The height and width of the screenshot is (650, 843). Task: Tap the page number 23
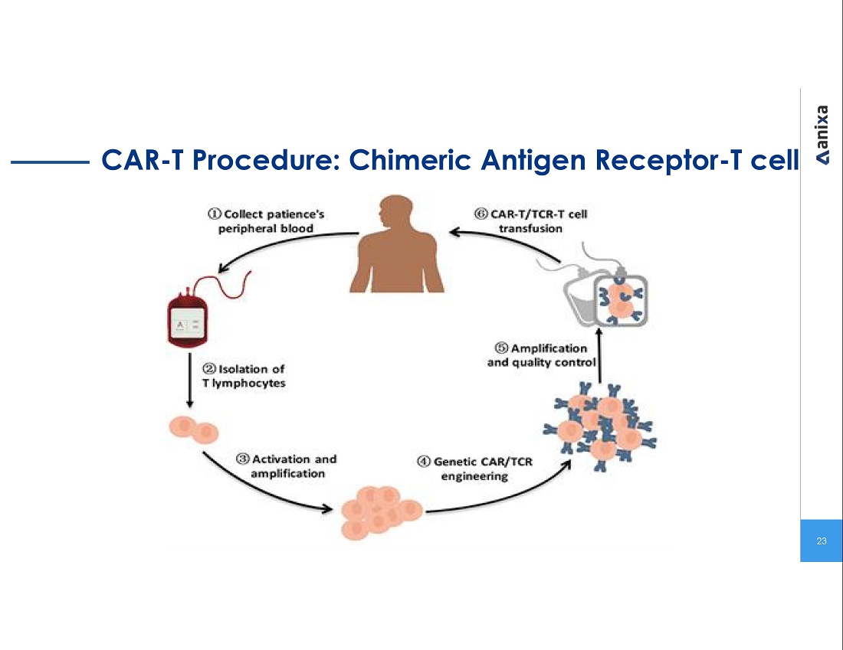click(x=822, y=541)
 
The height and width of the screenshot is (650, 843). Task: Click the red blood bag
click(x=188, y=322)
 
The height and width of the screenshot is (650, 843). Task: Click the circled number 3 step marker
click(x=243, y=459)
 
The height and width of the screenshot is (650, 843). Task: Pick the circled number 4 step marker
click(x=424, y=462)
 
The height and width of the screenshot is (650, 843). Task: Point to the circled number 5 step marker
click(x=502, y=348)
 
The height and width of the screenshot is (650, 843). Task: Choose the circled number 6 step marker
click(x=481, y=214)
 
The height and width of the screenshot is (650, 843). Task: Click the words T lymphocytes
click(x=244, y=383)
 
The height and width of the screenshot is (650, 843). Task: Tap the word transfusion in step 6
click(x=530, y=228)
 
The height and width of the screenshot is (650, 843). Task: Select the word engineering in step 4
click(x=474, y=476)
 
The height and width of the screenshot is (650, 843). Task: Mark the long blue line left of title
click(x=51, y=162)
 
